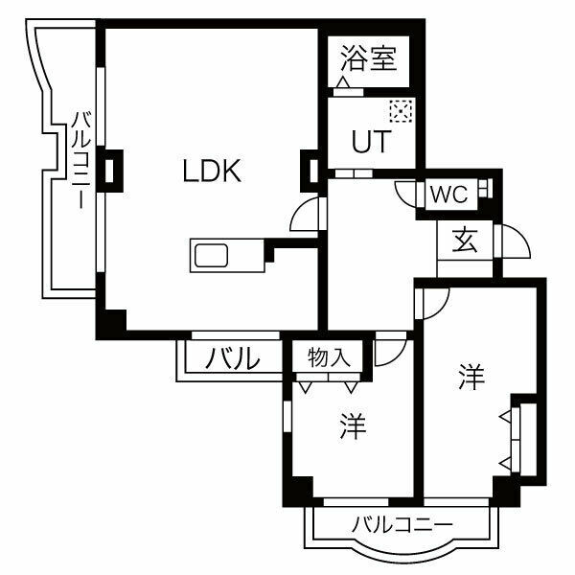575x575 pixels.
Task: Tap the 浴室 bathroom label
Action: (x=368, y=60)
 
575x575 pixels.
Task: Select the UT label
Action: (x=370, y=143)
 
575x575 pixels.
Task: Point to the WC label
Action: (x=448, y=194)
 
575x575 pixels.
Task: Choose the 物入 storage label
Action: (x=328, y=358)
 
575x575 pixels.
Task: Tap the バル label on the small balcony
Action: (x=234, y=359)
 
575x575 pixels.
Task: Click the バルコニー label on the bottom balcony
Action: (x=402, y=524)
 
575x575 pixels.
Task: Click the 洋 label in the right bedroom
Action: (x=470, y=376)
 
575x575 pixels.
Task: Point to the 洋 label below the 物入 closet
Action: (x=353, y=425)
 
